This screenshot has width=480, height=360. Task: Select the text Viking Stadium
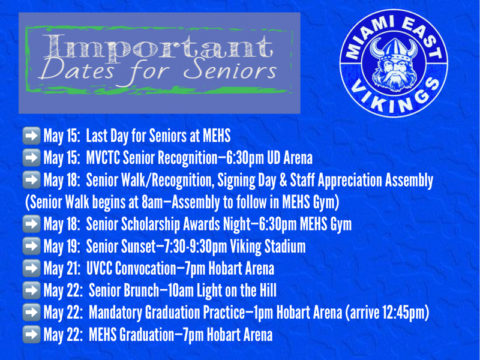[x=271, y=246]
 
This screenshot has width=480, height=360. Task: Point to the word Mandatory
[x=115, y=313]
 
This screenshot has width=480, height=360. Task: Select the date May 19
[x=62, y=246]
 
